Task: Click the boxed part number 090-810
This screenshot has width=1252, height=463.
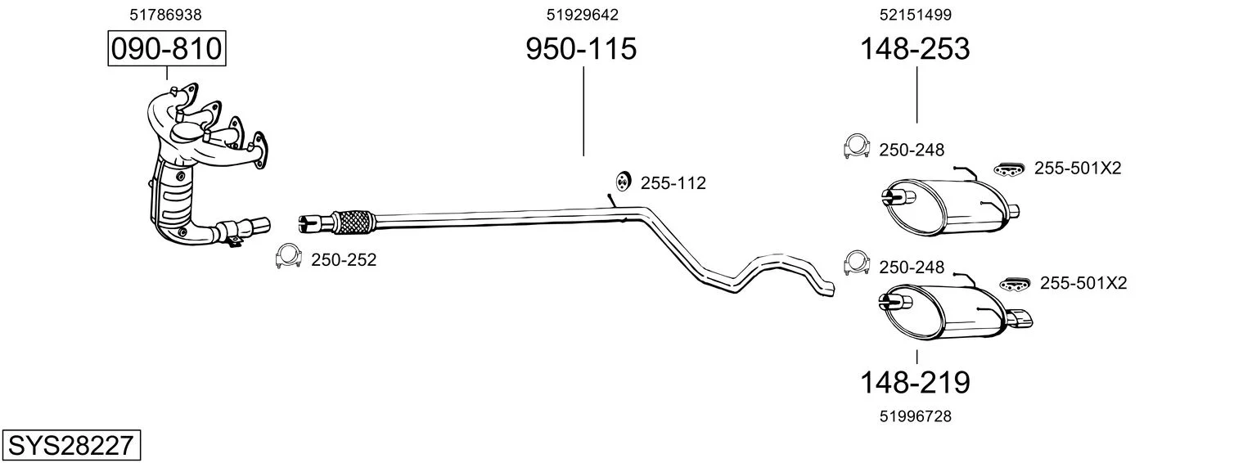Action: [167, 48]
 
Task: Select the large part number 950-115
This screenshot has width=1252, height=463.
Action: [581, 48]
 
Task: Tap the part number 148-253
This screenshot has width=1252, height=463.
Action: [915, 48]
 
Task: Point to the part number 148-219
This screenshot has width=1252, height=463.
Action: [915, 383]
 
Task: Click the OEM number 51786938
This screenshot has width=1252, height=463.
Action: [165, 15]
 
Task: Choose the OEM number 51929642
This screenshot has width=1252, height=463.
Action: [583, 15]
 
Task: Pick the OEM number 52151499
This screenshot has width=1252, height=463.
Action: [916, 15]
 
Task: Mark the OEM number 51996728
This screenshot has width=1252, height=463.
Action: [916, 416]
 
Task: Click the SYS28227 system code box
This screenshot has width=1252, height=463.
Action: [71, 445]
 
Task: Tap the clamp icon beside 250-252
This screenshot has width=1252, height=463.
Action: [288, 256]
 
